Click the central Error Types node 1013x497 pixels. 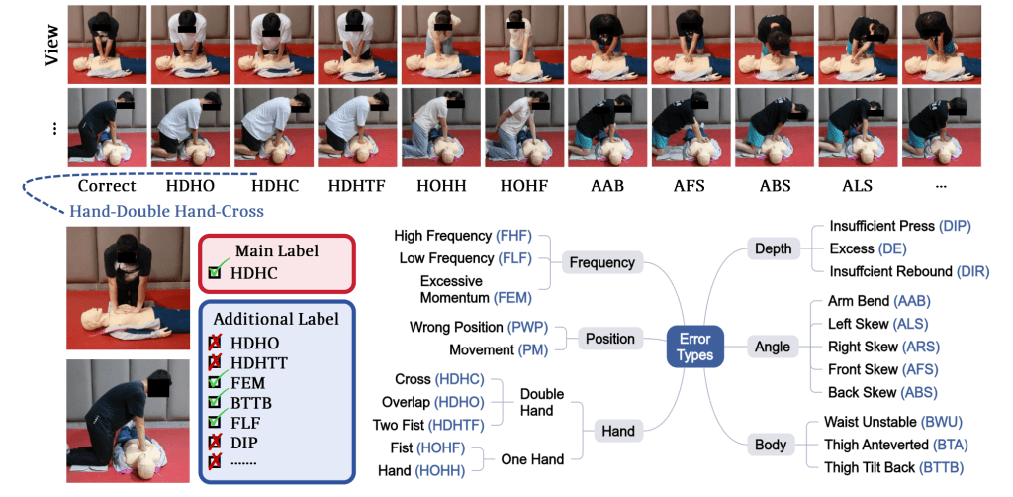(x=694, y=347)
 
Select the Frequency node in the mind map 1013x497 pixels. (x=601, y=262)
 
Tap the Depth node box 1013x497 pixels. (x=772, y=248)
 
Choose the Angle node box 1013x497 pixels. (x=772, y=347)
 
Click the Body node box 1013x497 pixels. (x=772, y=444)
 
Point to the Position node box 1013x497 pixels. (x=609, y=339)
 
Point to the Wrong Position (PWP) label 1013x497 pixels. (x=479, y=327)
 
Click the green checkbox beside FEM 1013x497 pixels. (x=215, y=382)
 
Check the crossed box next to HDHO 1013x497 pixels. (x=215, y=343)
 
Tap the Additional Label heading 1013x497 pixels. (x=276, y=319)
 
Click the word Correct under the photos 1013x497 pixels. (x=107, y=186)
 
